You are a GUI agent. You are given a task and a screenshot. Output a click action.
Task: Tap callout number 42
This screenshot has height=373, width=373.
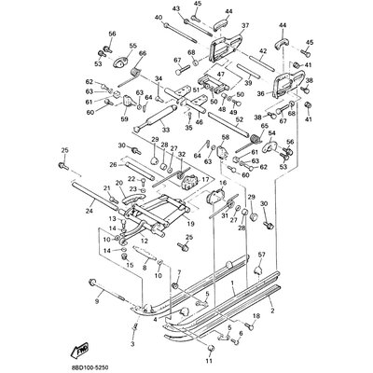click(x=264, y=51)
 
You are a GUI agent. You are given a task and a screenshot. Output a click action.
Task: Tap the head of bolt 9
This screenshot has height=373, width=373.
click(x=92, y=282)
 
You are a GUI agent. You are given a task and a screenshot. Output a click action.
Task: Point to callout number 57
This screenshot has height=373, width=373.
click(x=261, y=255)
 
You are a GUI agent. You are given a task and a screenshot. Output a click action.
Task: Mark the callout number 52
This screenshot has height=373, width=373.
click(x=239, y=118)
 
